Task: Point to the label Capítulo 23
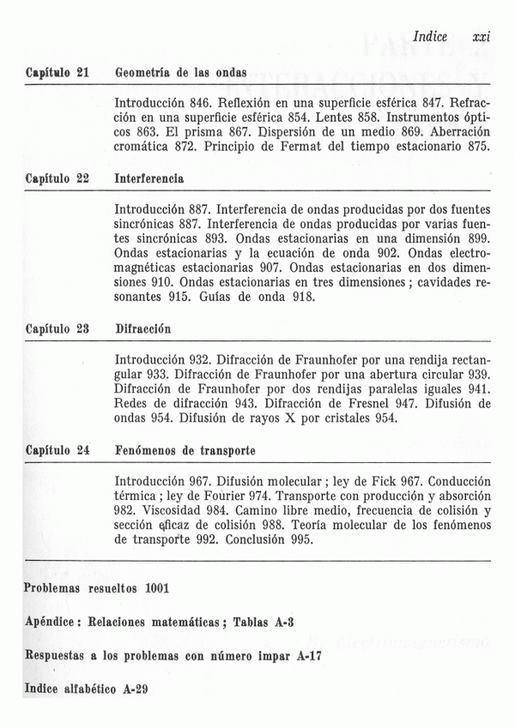[58, 328]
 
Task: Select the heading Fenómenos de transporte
[185, 449]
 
